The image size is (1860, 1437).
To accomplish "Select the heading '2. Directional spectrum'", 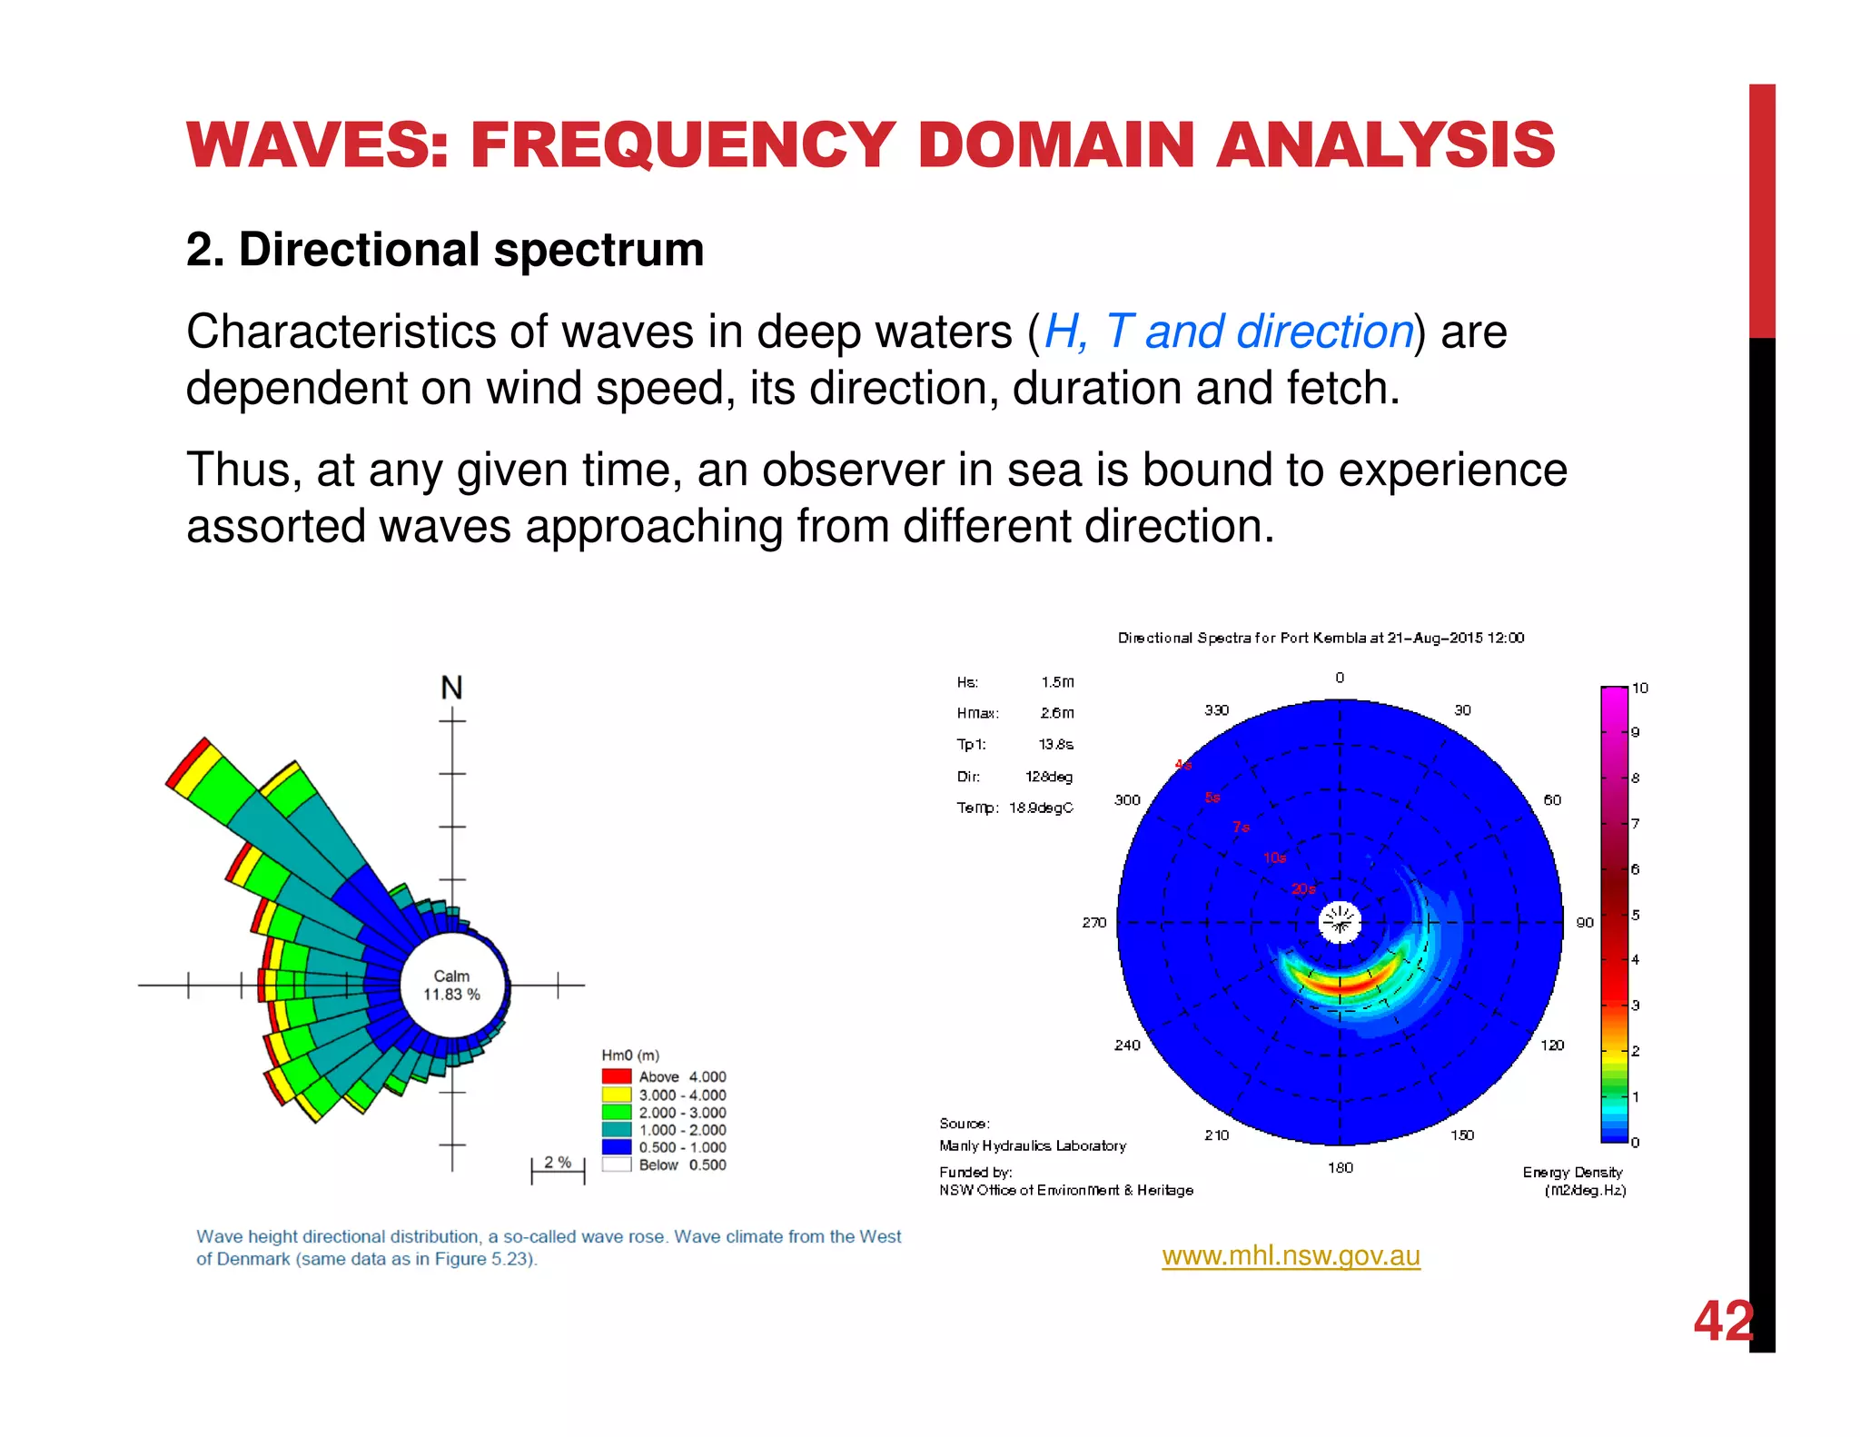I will click(445, 250).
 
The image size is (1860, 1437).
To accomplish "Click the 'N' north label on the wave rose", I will click(451, 688).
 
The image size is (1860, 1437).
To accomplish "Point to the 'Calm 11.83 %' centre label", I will click(451, 986).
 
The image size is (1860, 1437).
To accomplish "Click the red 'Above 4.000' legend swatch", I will click(617, 1076).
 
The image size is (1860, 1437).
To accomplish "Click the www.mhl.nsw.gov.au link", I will click(1291, 1255).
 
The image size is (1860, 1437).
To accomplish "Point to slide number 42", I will click(1723, 1321).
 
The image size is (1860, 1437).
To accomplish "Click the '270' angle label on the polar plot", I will click(1093, 922).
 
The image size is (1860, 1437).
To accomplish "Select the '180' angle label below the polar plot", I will click(1341, 1167).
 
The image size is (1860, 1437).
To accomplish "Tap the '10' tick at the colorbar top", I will click(1639, 688).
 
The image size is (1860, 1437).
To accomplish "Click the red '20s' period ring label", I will click(1303, 888).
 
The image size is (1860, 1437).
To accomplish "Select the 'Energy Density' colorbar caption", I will click(1572, 1172).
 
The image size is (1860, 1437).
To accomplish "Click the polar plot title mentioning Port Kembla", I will click(1321, 638).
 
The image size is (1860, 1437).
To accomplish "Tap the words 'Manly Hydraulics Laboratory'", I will click(1033, 1145).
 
